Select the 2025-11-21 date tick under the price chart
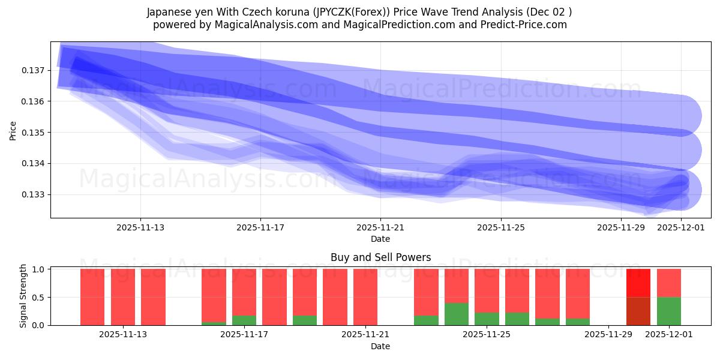(x=380, y=227)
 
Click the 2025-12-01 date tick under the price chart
(x=680, y=227)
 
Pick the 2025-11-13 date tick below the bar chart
(x=123, y=335)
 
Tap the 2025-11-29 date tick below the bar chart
(x=608, y=335)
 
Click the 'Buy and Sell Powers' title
(x=380, y=257)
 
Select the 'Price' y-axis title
(x=13, y=130)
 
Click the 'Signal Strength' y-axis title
(x=23, y=296)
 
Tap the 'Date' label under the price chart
(x=380, y=239)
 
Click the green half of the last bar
(x=668, y=311)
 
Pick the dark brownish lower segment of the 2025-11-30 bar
(x=638, y=311)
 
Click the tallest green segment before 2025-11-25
(x=457, y=314)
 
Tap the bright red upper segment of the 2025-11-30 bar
(x=638, y=283)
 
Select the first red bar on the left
(x=92, y=297)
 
